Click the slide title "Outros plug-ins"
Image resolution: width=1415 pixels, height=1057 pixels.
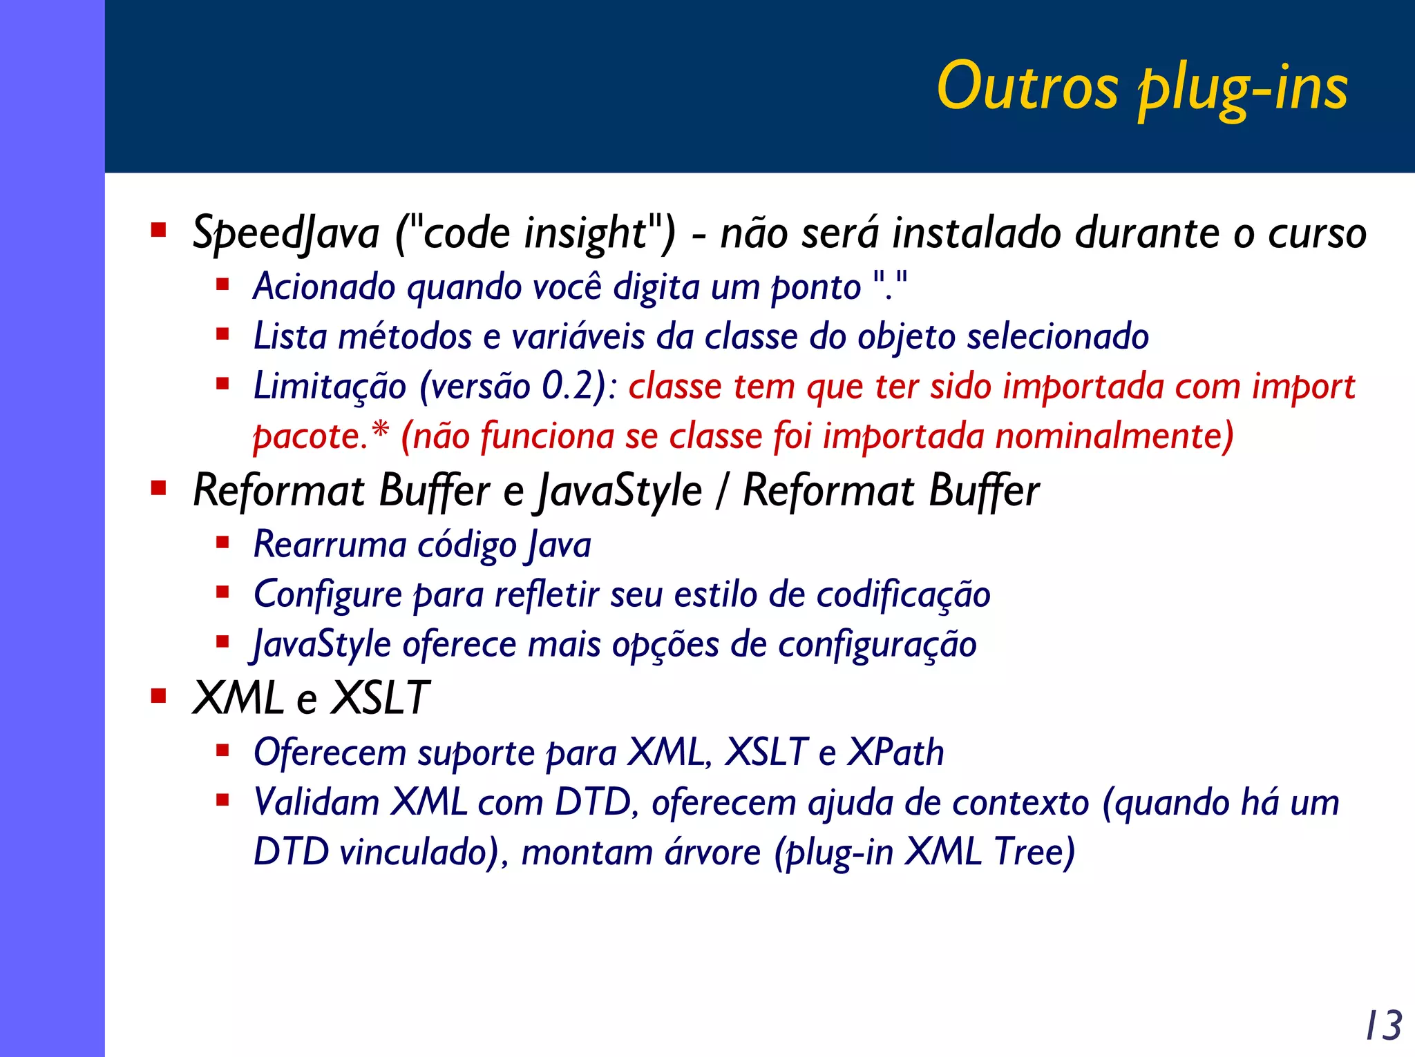point(1141,88)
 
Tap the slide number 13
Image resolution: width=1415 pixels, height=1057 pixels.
point(1383,1025)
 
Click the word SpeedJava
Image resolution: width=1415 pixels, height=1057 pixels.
point(286,233)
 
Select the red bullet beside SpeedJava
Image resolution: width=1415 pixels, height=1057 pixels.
point(159,230)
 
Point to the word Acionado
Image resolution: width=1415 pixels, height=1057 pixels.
point(323,287)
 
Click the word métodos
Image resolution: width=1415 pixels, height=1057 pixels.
point(405,337)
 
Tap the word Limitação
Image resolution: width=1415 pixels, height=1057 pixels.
point(330,387)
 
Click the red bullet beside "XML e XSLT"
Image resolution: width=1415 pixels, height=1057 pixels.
point(159,695)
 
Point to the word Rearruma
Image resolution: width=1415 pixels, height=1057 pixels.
point(330,545)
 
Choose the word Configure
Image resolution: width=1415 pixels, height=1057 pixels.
point(327,595)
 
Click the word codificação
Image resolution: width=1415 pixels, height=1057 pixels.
point(903,595)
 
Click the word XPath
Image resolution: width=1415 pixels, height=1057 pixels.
point(895,753)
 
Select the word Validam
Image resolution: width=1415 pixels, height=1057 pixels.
point(316,803)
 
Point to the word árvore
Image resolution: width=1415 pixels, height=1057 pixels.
point(712,853)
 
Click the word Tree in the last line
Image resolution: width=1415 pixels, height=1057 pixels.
point(1034,853)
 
